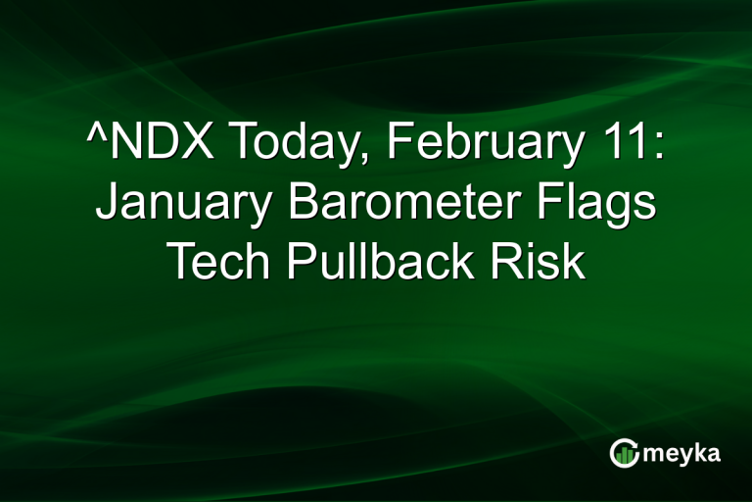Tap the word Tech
coord(216,263)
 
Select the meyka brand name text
coord(685,453)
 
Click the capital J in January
coord(106,204)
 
